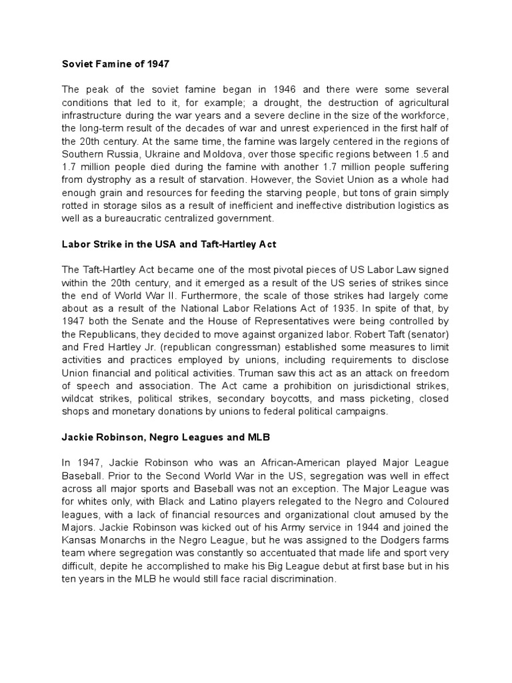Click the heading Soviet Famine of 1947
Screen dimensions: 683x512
click(115, 64)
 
